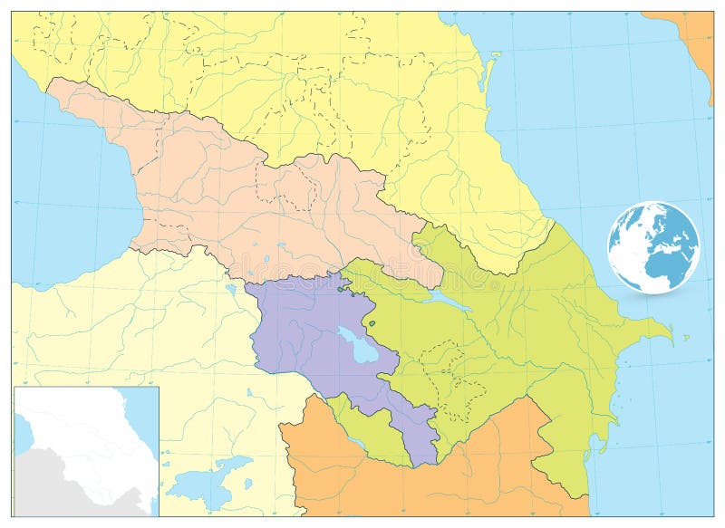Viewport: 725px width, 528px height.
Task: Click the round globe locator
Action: [x=653, y=246]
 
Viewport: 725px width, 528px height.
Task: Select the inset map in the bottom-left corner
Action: [x=86, y=451]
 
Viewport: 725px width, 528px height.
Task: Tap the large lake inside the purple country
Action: [x=359, y=344]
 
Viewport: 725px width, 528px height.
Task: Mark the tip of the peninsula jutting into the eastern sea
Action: [x=670, y=337]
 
